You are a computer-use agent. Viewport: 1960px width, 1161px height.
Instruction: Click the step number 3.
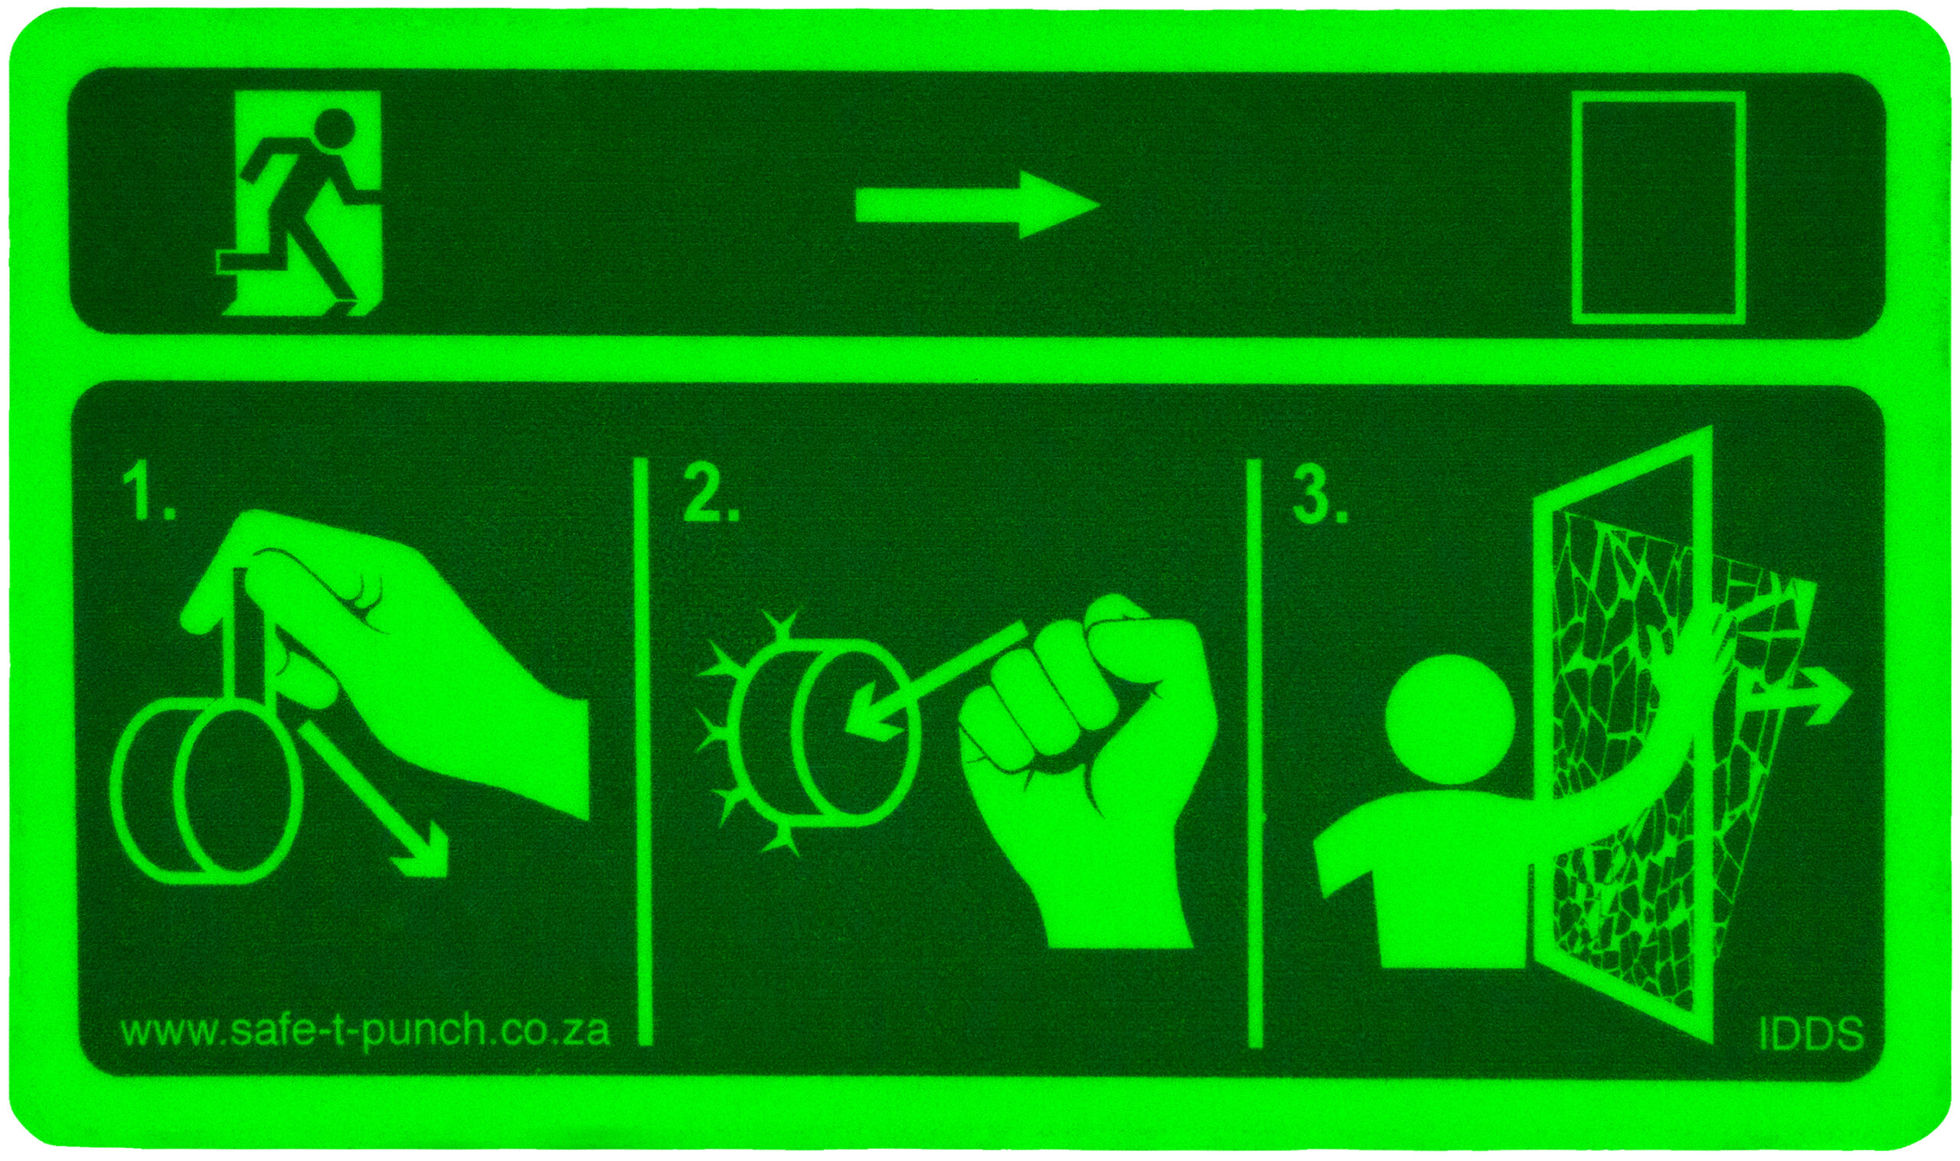click(1319, 497)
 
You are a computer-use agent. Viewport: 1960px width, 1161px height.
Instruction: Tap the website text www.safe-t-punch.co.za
click(364, 1030)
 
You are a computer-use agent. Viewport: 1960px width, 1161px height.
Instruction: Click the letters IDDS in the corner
click(1811, 1034)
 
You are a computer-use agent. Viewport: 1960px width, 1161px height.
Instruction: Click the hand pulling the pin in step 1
click(407, 649)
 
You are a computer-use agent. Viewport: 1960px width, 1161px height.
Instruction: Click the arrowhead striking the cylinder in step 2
click(868, 724)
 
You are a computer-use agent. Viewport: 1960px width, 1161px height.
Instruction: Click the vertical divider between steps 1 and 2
click(645, 751)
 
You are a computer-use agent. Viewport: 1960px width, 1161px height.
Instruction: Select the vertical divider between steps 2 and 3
click(1254, 751)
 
